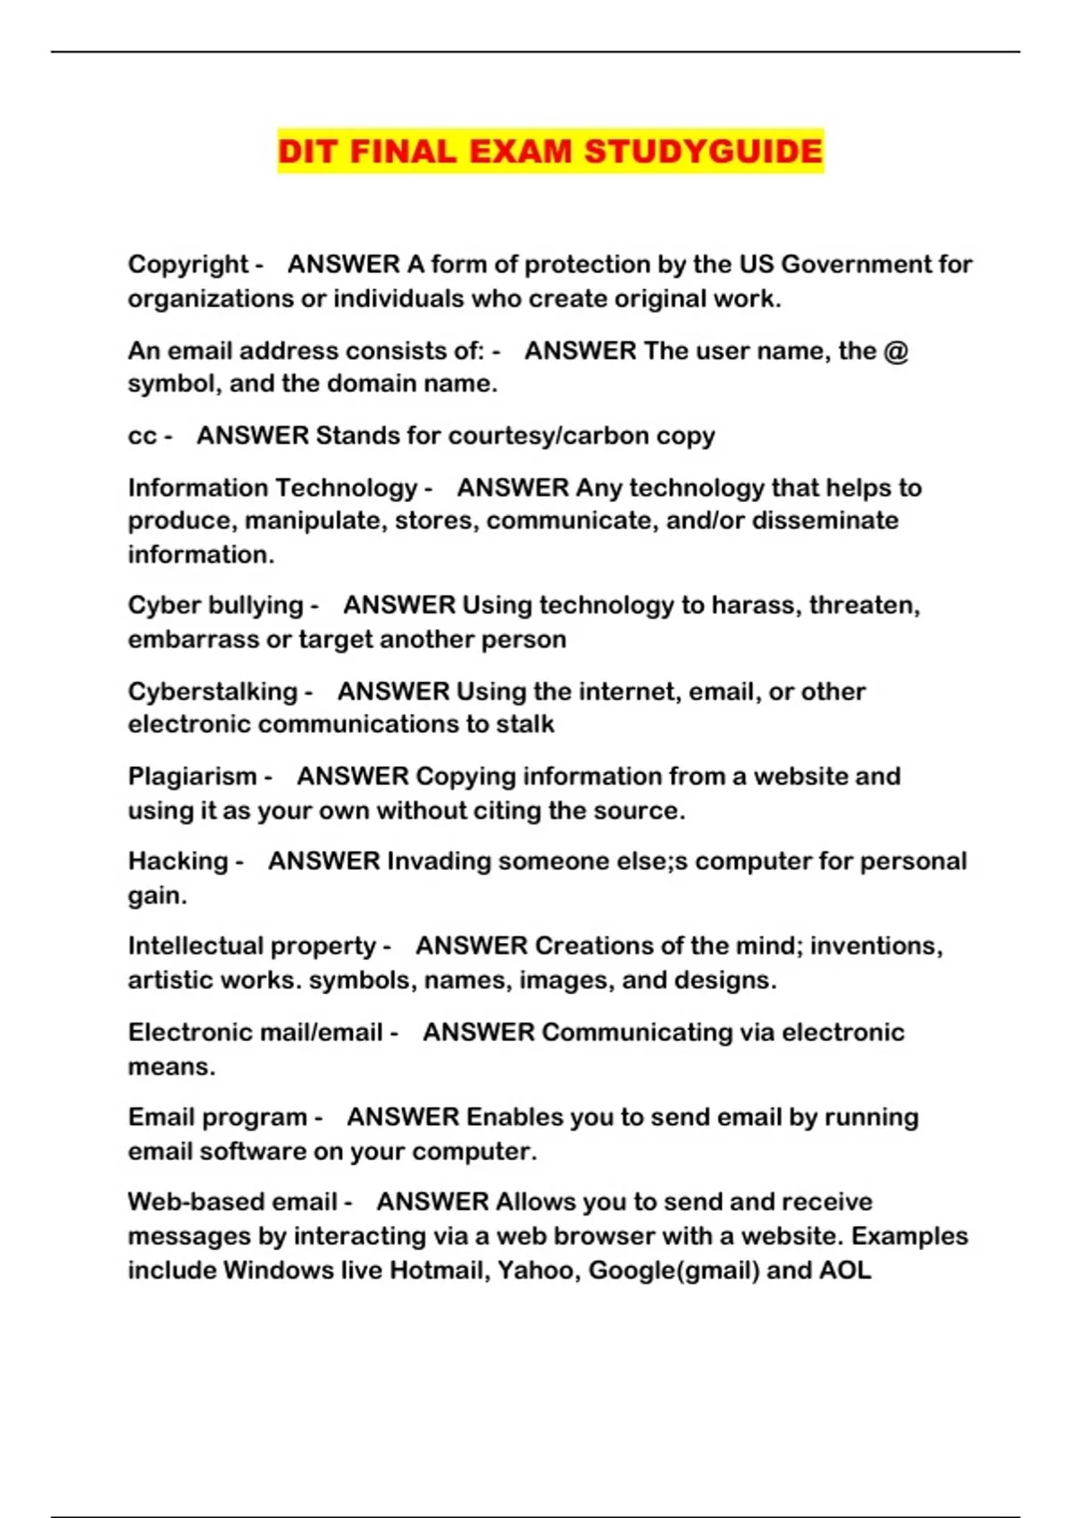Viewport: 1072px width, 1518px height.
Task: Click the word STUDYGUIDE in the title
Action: point(703,151)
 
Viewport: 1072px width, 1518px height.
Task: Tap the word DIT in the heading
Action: point(308,151)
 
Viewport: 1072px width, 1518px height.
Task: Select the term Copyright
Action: point(188,264)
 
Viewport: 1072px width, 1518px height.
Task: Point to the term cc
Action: point(142,436)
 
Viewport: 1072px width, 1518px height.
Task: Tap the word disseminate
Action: point(825,521)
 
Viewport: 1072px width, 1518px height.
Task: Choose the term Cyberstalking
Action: point(213,691)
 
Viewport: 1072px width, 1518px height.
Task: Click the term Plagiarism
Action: point(192,776)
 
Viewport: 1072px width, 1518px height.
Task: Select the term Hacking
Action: point(179,861)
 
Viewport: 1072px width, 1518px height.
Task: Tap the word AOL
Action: point(845,1270)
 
